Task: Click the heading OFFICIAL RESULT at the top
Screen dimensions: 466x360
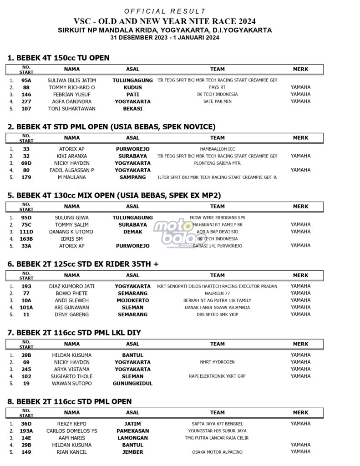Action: [x=165, y=11]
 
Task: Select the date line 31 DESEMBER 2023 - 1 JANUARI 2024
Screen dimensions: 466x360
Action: [x=165, y=38]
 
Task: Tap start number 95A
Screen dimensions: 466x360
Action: [x=26, y=80]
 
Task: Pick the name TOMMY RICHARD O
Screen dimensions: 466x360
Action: [x=71, y=87]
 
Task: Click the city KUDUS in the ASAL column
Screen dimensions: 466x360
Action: [x=132, y=87]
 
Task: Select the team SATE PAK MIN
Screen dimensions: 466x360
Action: [x=217, y=101]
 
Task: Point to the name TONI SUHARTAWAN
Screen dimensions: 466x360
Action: [x=71, y=109]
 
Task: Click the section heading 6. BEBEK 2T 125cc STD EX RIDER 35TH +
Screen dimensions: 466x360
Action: [x=83, y=264]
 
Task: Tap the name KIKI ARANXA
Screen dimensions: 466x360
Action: [x=71, y=156]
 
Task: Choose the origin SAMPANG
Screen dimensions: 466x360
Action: [x=132, y=177]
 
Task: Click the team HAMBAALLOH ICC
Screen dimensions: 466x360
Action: [x=217, y=149]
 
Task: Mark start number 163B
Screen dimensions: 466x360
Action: [x=26, y=239]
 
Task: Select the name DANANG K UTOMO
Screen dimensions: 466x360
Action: [x=71, y=232]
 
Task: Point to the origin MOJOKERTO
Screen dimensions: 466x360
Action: [x=132, y=300]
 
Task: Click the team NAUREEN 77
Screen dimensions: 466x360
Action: [x=217, y=294]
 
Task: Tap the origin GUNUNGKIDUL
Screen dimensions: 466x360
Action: [x=132, y=384]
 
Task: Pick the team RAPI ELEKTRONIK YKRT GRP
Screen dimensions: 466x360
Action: [x=217, y=376]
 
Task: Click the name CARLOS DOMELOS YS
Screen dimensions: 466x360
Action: [x=71, y=431]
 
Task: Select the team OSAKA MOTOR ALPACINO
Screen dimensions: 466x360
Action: [x=217, y=452]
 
